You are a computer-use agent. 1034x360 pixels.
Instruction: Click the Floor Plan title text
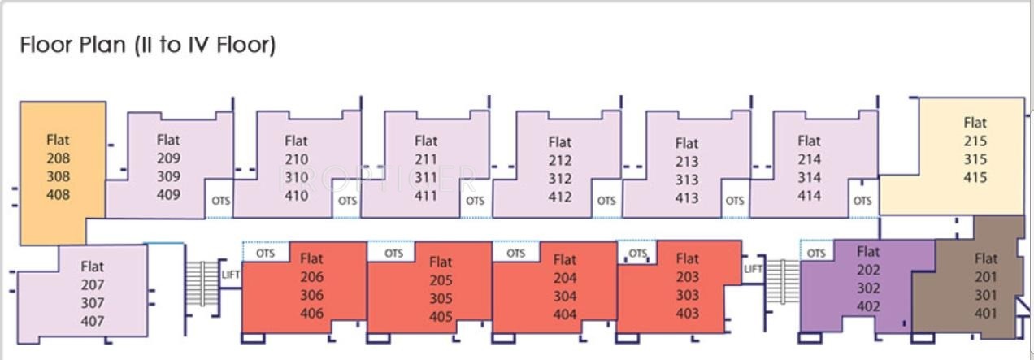(x=148, y=45)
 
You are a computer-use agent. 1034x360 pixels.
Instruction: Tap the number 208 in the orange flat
(x=59, y=158)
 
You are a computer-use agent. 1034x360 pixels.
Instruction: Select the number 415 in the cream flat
(x=975, y=177)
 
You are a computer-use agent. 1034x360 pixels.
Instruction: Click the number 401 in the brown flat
(x=985, y=312)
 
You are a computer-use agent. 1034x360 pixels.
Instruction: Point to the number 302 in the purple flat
(x=868, y=288)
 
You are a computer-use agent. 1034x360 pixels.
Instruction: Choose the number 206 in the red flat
(x=311, y=277)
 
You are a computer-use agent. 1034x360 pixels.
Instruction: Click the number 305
(x=441, y=298)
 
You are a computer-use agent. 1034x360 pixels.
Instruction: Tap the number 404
(x=565, y=314)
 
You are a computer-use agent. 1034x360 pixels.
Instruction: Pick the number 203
(x=687, y=277)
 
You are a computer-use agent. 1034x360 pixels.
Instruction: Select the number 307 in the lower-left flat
(x=93, y=303)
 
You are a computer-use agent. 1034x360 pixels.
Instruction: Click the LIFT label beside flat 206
(x=231, y=275)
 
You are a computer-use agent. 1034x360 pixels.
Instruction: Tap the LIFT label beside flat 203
(x=754, y=269)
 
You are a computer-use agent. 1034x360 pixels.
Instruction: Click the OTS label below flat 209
(x=219, y=200)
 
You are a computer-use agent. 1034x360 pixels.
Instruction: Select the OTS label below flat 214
(x=862, y=201)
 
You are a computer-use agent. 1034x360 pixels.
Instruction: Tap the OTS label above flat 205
(x=393, y=254)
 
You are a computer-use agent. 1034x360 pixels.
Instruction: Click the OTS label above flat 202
(x=816, y=254)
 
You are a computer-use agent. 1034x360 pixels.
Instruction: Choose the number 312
(x=559, y=179)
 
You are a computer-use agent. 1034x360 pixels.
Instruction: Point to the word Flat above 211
(x=426, y=141)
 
